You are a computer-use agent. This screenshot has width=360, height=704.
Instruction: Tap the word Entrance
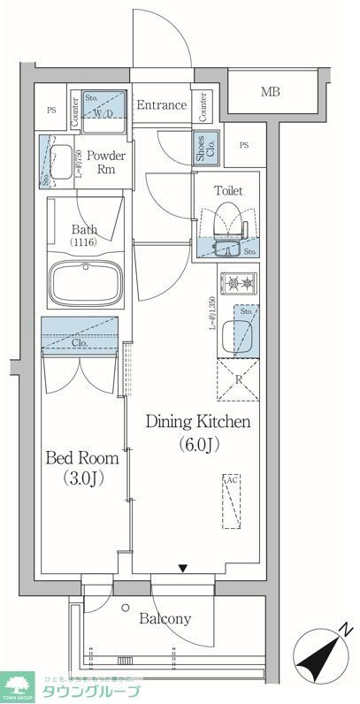pyautogui.click(x=161, y=105)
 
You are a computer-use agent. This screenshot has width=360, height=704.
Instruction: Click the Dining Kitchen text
pyautogui.click(x=199, y=422)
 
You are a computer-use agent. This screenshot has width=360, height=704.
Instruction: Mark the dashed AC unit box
pyautogui.click(x=232, y=501)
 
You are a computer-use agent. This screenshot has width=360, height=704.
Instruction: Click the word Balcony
pyautogui.click(x=165, y=619)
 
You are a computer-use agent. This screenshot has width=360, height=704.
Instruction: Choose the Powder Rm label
pyautogui.click(x=105, y=163)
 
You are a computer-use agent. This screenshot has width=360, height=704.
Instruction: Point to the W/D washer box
pyautogui.click(x=103, y=111)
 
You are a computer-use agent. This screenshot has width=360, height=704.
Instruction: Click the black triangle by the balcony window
pyautogui.click(x=182, y=570)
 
